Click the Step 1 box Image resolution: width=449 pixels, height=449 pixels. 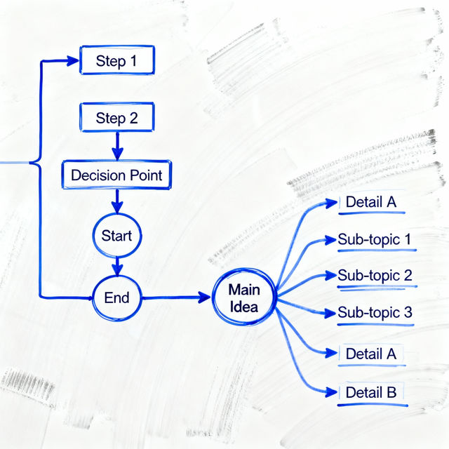[116, 60]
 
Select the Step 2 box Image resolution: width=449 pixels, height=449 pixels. [116, 118]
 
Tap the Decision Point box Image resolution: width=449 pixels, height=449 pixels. [116, 175]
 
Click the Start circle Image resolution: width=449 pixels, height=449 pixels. [116, 236]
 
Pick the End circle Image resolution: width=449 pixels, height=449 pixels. [116, 297]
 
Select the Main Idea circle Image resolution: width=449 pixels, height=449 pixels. [243, 298]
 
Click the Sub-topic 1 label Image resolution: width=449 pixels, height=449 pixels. [374, 239]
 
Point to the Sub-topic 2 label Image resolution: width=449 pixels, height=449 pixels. [374, 276]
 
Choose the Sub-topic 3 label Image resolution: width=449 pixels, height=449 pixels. [374, 313]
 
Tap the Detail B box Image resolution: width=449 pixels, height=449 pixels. [371, 392]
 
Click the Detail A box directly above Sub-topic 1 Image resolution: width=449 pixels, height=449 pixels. [371, 203]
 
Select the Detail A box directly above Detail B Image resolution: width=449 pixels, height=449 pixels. [371, 354]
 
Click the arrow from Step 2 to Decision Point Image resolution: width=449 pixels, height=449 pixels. [117, 145]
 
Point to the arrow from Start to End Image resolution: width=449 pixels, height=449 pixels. [117, 264]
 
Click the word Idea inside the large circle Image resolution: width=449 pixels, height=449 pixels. [243, 307]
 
